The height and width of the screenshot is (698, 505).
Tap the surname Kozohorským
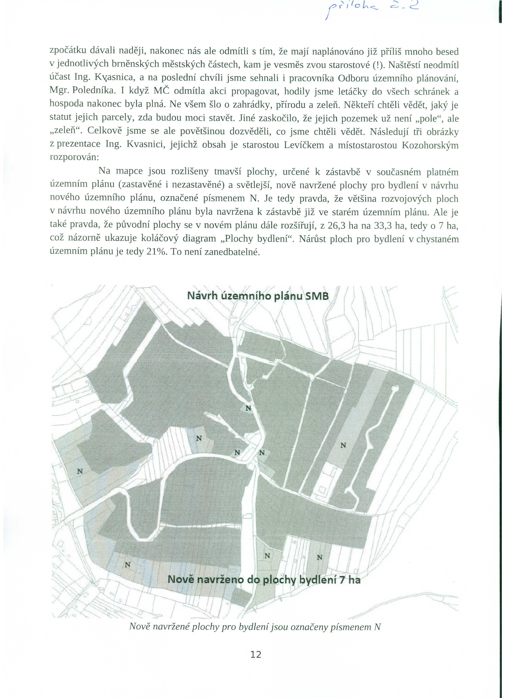pos(430,145)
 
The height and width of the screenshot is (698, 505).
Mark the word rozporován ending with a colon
pos(74,157)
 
